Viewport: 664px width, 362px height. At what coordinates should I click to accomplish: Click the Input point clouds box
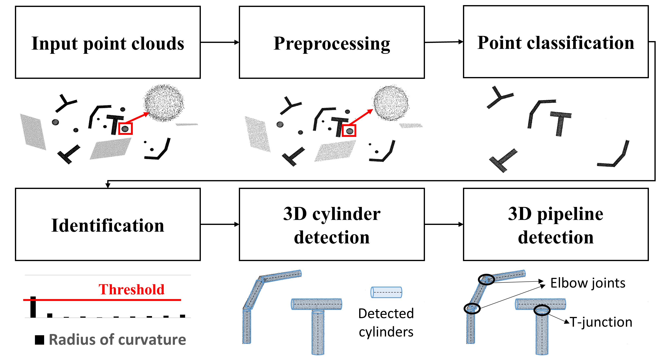pos(108,42)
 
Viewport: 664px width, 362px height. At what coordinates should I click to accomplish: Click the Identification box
pos(108,225)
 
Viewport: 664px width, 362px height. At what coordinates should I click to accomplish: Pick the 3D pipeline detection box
pos(556,225)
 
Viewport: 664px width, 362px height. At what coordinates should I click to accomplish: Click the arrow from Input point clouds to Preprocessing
pos(220,42)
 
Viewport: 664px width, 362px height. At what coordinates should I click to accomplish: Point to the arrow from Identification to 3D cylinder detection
pos(220,225)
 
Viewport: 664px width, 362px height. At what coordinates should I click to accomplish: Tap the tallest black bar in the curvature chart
pos(33,307)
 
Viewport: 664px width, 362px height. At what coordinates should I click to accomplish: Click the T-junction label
pos(601,322)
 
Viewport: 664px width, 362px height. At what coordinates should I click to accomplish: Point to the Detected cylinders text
pos(386,323)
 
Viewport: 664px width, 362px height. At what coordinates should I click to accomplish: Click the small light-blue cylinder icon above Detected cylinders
pos(386,292)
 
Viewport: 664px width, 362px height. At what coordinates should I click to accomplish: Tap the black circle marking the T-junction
pos(542,310)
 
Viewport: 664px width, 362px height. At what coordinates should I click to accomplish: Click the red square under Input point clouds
pos(125,128)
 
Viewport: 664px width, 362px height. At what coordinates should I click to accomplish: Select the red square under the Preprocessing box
pos(349,131)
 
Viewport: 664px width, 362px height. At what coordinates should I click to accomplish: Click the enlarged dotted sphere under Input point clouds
pos(164,103)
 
